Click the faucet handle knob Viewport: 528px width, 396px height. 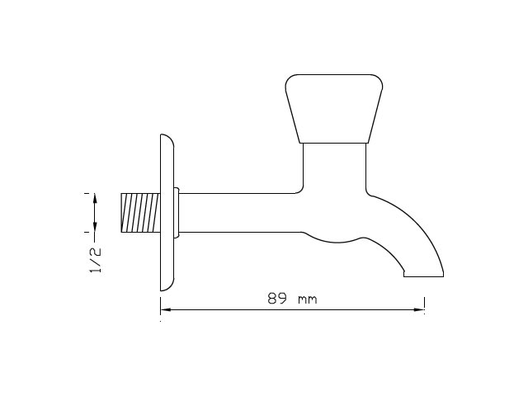tap(334, 109)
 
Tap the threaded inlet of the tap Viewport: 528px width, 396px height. tap(140, 213)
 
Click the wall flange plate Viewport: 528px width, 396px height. tap(167, 213)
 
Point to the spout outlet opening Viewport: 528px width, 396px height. tap(423, 276)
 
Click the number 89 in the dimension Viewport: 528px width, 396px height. tap(277, 298)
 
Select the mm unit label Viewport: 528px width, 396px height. tap(308, 299)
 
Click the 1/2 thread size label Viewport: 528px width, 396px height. tap(95, 260)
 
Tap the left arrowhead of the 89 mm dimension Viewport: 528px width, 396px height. tap(165, 309)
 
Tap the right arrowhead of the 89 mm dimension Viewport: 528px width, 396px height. tap(419, 309)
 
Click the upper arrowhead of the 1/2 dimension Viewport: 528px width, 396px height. tap(95, 198)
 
